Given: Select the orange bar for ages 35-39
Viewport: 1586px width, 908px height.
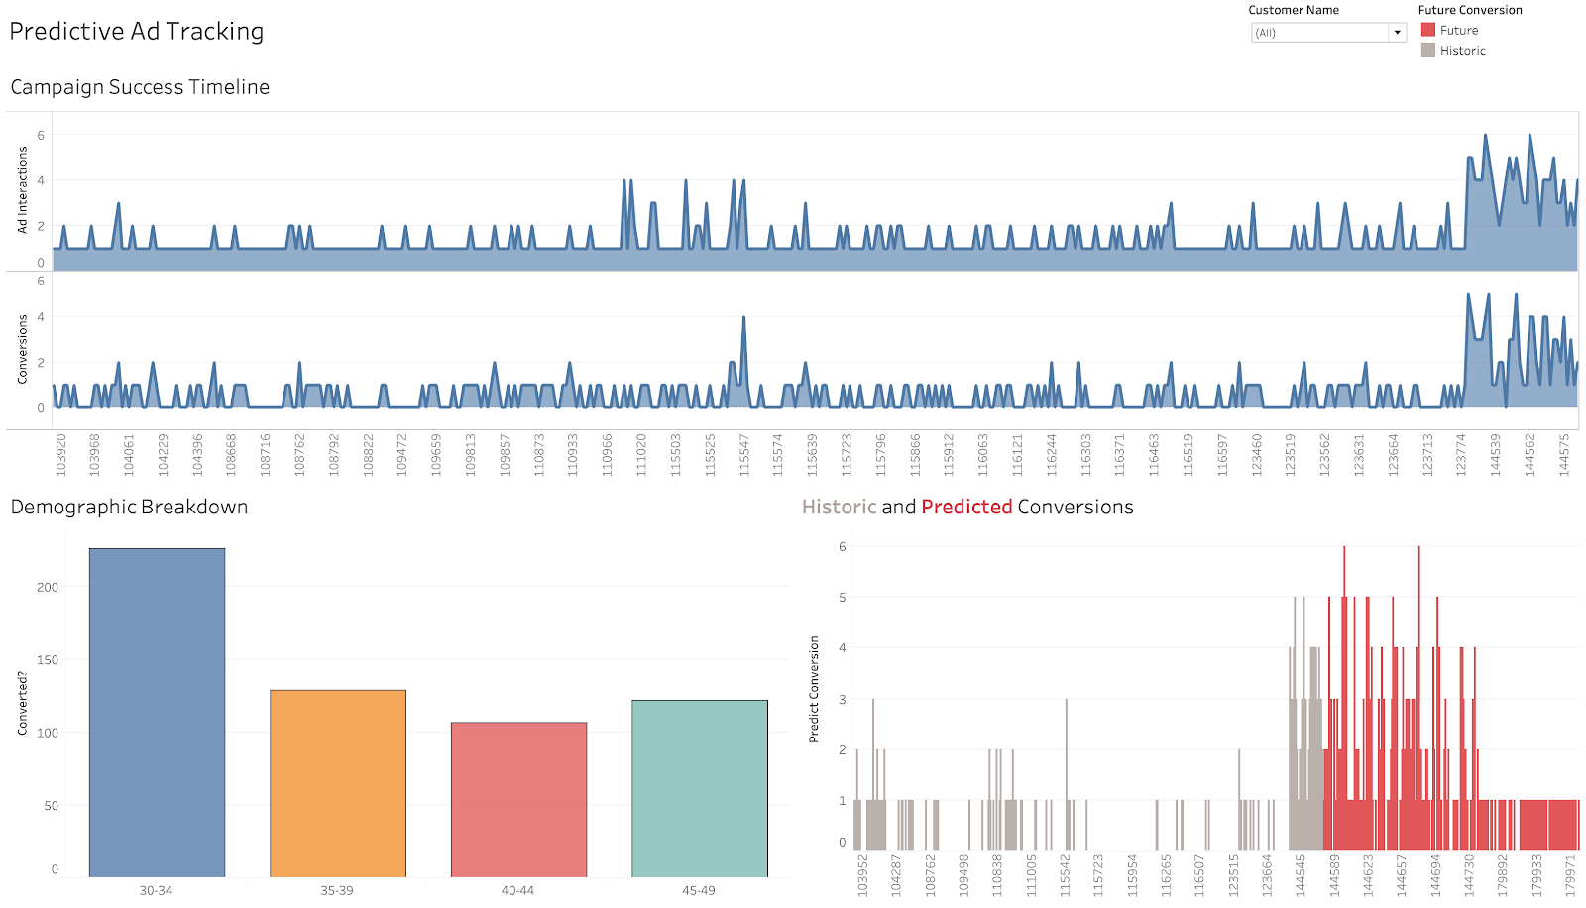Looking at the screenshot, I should point(338,783).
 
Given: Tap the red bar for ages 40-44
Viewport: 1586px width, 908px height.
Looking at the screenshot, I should point(518,799).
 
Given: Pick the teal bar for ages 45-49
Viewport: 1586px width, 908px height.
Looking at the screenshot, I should point(700,788).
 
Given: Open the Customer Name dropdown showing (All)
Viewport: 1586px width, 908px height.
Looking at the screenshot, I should point(1328,33).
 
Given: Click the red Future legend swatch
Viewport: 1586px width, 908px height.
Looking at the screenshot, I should point(1428,30).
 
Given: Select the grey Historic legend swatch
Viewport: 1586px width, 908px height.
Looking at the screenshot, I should point(1428,50).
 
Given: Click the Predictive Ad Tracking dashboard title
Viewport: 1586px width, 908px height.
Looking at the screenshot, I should point(137,32).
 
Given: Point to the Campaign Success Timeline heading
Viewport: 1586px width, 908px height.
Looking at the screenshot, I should point(140,87).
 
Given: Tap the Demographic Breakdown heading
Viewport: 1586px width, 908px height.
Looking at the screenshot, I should point(129,507).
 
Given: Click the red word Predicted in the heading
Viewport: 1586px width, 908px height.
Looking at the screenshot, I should point(966,507).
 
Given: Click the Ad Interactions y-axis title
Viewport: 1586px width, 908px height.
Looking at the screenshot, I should point(22,189).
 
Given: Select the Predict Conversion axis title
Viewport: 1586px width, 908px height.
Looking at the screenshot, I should point(814,689).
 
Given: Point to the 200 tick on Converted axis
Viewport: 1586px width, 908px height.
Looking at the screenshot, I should point(48,587).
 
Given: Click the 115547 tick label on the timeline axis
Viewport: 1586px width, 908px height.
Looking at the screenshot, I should point(744,455).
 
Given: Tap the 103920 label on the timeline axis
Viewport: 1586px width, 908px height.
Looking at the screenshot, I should point(61,455).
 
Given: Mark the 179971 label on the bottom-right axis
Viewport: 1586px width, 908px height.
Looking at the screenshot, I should point(1570,875).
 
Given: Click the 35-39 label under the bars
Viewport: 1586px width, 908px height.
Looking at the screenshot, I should point(337,890).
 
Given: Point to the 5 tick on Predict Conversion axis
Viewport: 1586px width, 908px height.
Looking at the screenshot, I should point(843,597).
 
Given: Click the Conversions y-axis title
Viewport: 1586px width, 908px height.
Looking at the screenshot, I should point(22,349).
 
